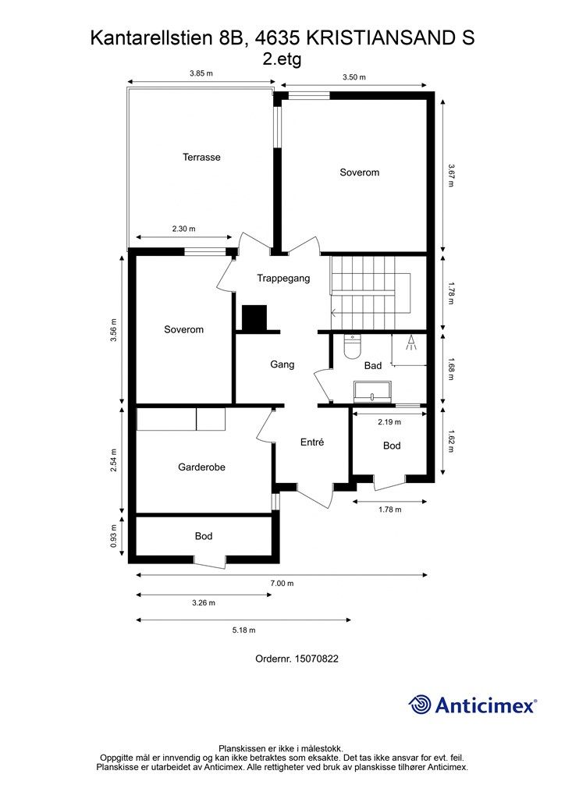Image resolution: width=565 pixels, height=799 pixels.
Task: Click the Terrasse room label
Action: (201, 157)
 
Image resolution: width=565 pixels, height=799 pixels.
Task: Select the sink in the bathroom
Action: (372, 390)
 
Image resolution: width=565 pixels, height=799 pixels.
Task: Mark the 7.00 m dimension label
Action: (282, 583)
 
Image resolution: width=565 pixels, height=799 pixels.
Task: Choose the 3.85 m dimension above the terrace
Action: (201, 73)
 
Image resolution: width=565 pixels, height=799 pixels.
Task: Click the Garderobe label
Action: (202, 467)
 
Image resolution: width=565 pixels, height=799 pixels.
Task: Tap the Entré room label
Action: (312, 442)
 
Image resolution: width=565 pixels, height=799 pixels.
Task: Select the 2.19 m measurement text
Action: (389, 422)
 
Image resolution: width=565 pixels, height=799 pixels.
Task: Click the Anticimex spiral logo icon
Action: (420, 705)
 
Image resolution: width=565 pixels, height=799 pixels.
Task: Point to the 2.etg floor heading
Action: (282, 57)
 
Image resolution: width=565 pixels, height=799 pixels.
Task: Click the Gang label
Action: (282, 364)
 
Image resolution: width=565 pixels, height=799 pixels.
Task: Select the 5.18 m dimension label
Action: (243, 630)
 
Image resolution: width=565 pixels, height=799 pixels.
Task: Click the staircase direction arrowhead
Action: (334, 314)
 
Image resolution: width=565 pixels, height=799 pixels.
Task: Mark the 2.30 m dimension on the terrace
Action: (183, 229)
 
